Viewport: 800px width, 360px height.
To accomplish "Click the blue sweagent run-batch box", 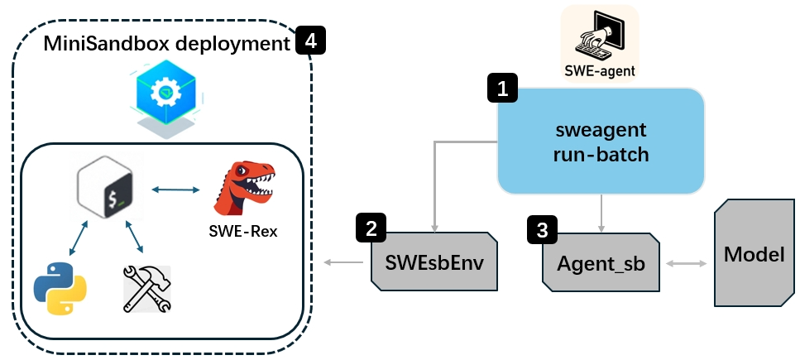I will point(601,142).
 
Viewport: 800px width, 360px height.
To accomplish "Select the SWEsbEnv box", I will point(434,262).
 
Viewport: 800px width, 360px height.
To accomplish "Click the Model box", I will point(754,254).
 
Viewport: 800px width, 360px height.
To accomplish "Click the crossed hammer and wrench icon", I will point(146,288).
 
